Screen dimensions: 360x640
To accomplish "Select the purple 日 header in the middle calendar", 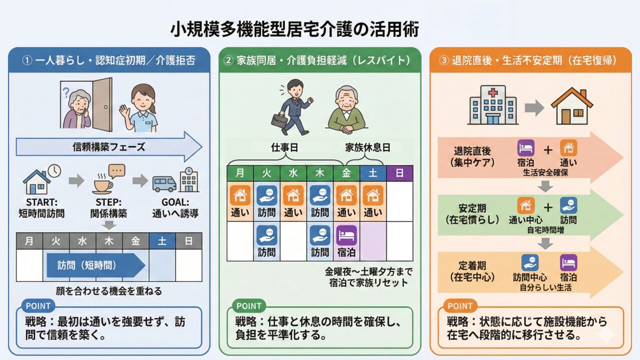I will click(x=399, y=173).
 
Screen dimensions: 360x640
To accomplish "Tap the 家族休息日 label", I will click(x=367, y=147).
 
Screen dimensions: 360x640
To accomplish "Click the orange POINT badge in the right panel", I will click(x=460, y=306).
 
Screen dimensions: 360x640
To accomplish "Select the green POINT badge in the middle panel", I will click(x=249, y=306).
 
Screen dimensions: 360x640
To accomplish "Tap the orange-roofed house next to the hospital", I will click(x=571, y=106).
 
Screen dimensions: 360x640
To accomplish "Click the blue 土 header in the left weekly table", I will click(x=162, y=241).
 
